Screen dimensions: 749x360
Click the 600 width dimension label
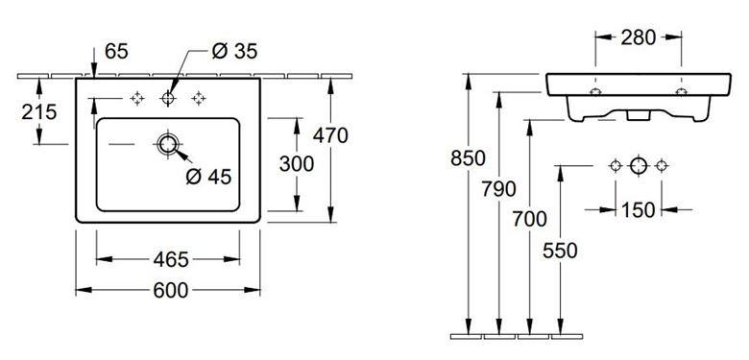[171, 290]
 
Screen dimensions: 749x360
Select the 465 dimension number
[171, 260]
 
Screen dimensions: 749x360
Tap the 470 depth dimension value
[330, 136]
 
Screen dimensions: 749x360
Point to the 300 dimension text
[297, 164]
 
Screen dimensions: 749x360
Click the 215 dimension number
[39, 112]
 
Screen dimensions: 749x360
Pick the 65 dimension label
[116, 51]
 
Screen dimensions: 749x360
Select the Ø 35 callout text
[234, 51]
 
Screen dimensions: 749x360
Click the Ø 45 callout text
[208, 177]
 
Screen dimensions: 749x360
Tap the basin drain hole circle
[168, 144]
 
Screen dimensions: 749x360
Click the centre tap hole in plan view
[168, 98]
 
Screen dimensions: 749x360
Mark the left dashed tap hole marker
[137, 98]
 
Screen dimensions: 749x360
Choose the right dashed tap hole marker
[199, 98]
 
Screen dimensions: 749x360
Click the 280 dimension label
[639, 37]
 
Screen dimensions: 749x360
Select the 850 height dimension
[469, 158]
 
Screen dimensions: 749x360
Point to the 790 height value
[498, 189]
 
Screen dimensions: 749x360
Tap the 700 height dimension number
[529, 219]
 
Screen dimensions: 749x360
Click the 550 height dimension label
[560, 251]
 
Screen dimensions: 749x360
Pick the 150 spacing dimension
[639, 209]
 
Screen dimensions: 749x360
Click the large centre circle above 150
[639, 166]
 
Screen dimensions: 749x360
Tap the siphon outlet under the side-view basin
[639, 115]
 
